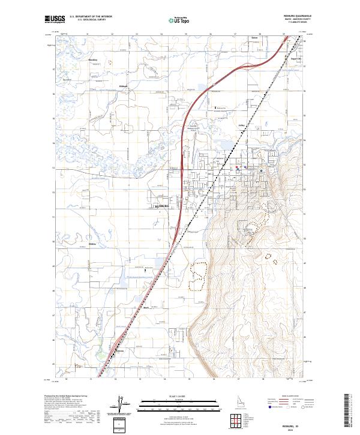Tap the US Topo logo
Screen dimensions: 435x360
tap(172, 20)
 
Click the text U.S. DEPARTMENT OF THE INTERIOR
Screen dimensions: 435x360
tap(91, 17)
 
